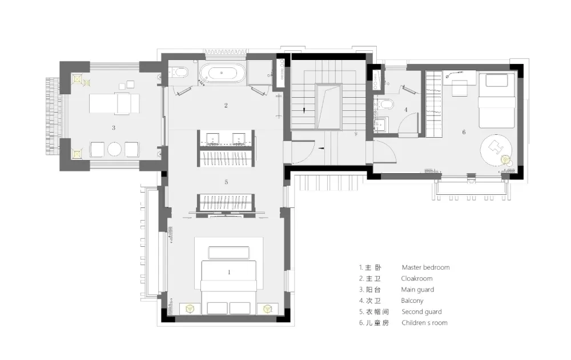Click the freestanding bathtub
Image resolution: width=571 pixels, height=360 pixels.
(222, 74)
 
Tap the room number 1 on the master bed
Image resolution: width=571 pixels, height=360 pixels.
(229, 272)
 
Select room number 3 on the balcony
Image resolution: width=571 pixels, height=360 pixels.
(114, 128)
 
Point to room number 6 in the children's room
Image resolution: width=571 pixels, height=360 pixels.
(464, 132)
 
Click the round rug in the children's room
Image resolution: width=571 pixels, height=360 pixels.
(496, 149)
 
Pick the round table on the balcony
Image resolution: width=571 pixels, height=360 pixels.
(114, 149)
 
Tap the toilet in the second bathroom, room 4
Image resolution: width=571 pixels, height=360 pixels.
(384, 105)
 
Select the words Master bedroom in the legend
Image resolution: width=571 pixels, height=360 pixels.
(426, 267)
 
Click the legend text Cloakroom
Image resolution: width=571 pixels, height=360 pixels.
(417, 279)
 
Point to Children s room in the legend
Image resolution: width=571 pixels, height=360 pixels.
(425, 323)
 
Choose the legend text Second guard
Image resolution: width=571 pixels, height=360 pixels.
(422, 312)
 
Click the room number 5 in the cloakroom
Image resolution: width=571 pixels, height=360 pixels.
(226, 182)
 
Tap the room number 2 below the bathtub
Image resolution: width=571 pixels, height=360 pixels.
(226, 105)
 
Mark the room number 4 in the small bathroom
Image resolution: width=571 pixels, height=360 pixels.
(405, 110)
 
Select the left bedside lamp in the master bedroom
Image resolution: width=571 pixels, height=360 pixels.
(190, 309)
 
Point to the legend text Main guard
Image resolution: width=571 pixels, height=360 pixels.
(418, 290)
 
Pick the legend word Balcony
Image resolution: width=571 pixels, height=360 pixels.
(412, 301)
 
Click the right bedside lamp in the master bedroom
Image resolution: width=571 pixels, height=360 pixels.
(268, 309)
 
